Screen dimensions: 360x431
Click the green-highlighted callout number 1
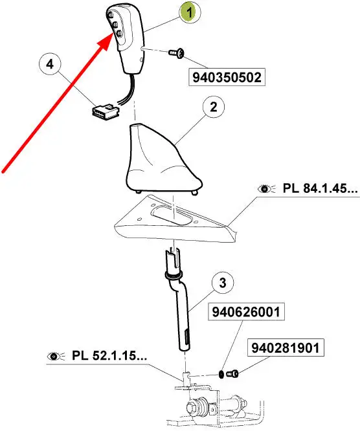pyautogui.click(x=190, y=13)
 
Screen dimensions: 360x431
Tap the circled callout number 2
pyautogui.click(x=214, y=107)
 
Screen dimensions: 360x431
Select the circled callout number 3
pyautogui.click(x=223, y=283)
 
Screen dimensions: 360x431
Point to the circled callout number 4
pyautogui.click(x=50, y=65)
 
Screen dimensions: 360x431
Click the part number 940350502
pyautogui.click(x=227, y=77)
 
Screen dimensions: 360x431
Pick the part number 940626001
pyautogui.click(x=247, y=312)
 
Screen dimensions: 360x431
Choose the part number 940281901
pyautogui.click(x=286, y=348)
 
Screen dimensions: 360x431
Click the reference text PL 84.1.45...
pyautogui.click(x=321, y=188)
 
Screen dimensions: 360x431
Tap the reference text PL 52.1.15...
pyautogui.click(x=109, y=356)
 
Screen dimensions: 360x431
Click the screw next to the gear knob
pyautogui.click(x=177, y=53)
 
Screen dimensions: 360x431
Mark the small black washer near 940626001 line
pyautogui.click(x=221, y=374)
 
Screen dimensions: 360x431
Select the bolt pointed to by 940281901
pyautogui.click(x=232, y=374)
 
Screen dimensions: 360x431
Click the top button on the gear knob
pyautogui.click(x=112, y=15)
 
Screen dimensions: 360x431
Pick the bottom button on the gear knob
pyautogui.click(x=119, y=34)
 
